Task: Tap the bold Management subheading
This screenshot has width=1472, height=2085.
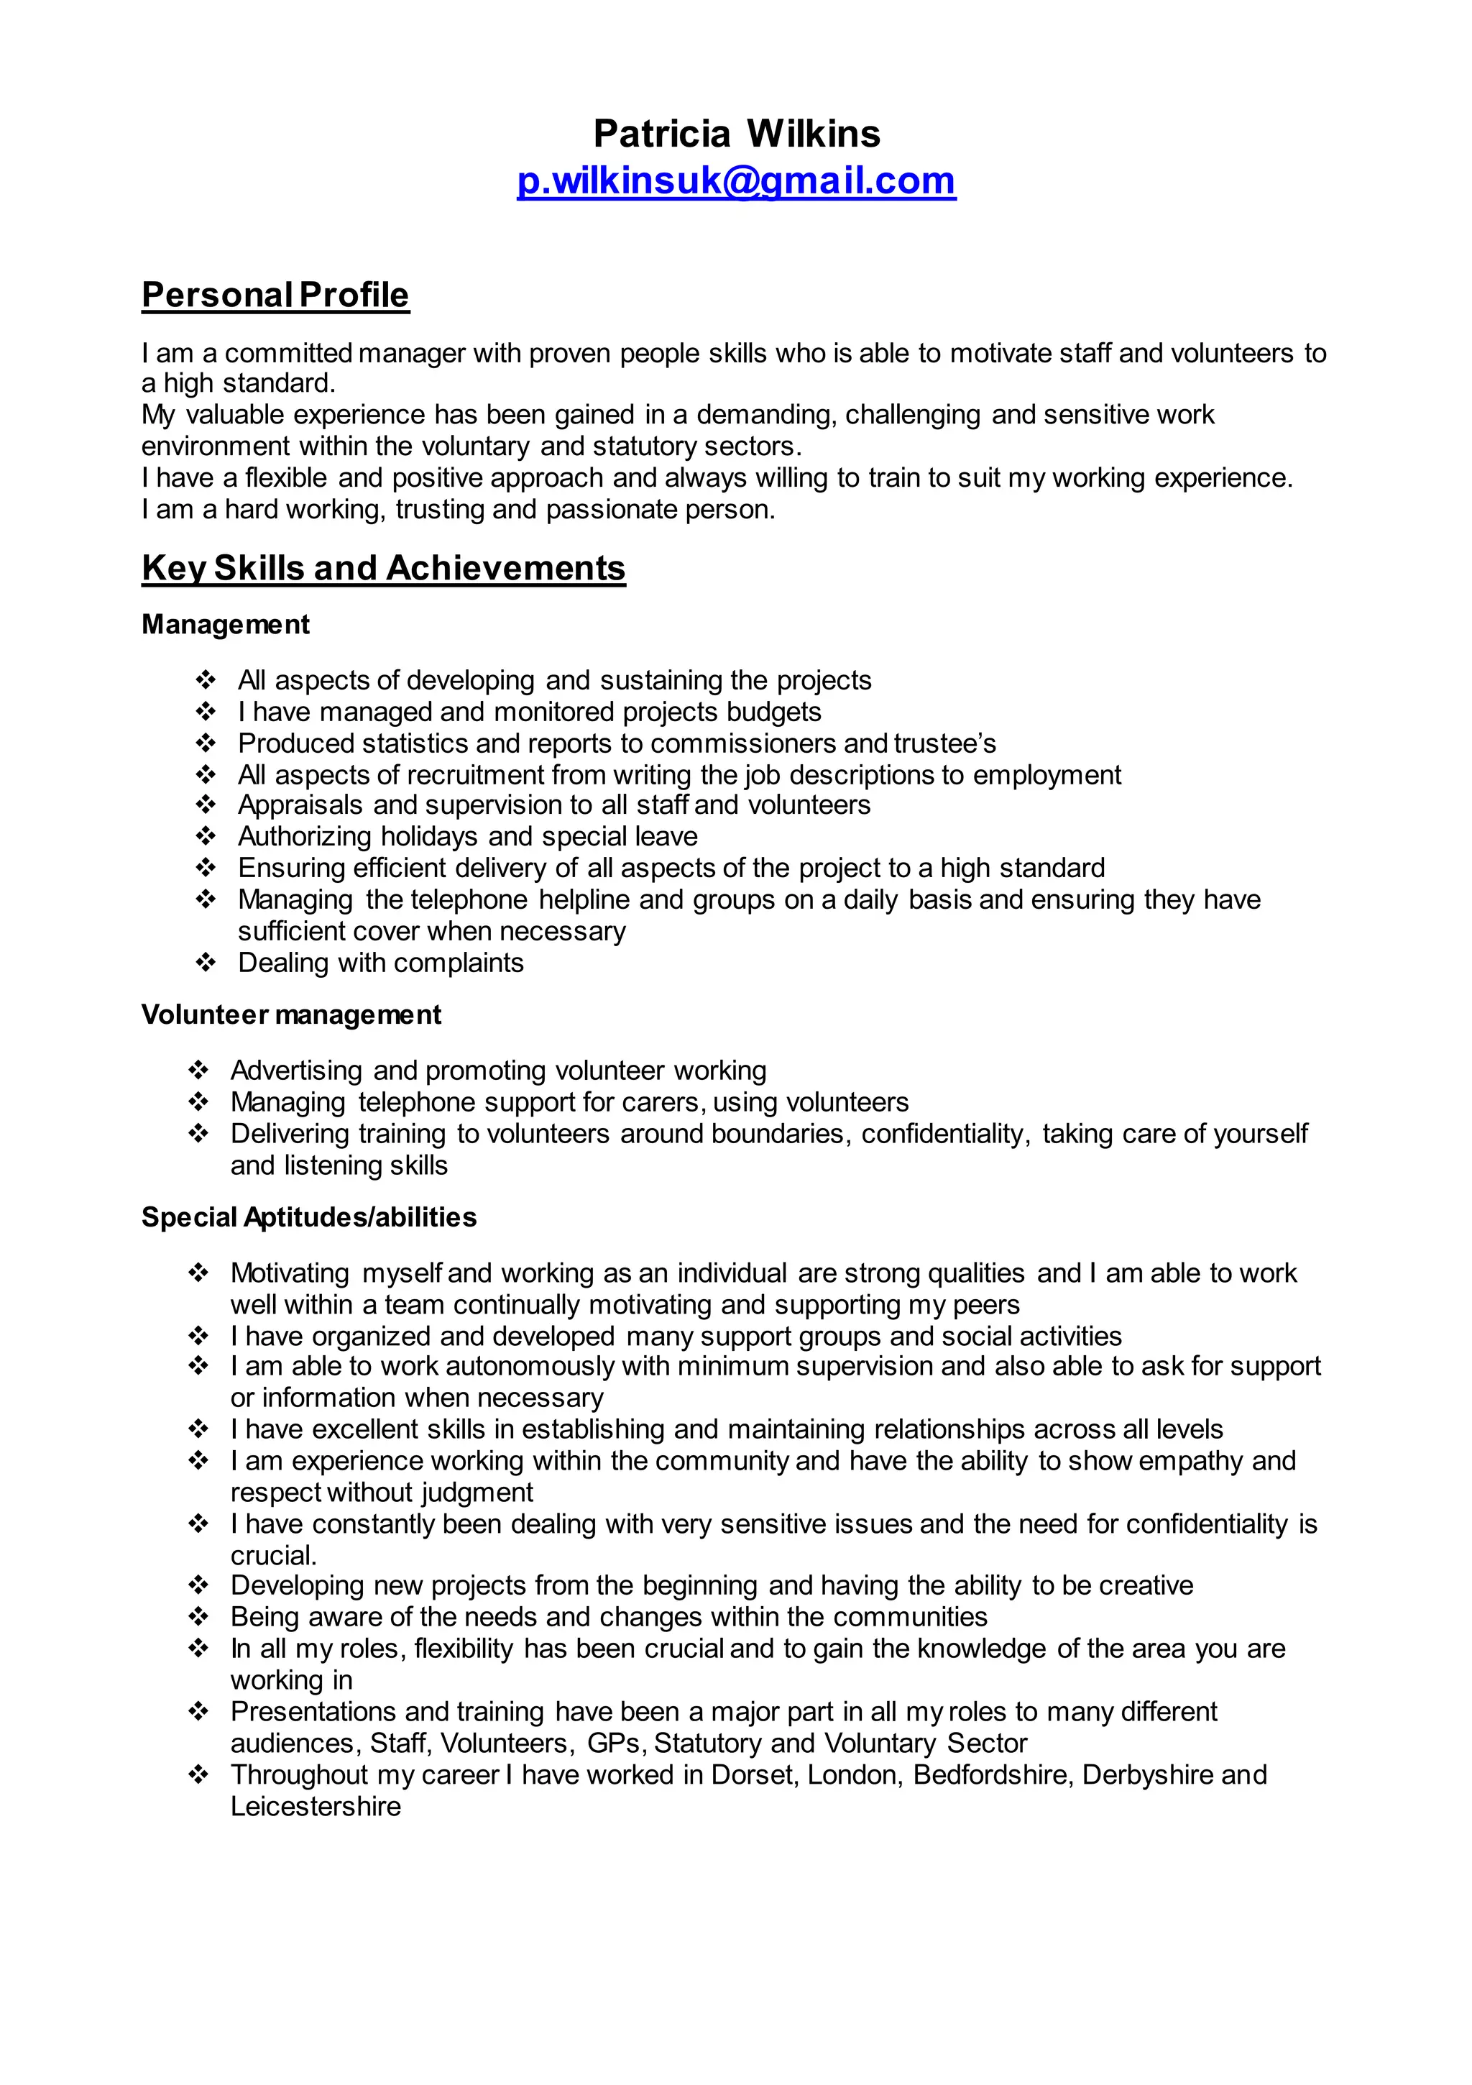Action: coord(225,625)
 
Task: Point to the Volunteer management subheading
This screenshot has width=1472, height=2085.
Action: coord(290,1014)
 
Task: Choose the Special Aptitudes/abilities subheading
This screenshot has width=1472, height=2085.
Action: coord(309,1217)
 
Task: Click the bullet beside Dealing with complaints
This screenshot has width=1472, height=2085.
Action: coord(206,962)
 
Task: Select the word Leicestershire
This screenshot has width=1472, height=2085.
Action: coord(315,1806)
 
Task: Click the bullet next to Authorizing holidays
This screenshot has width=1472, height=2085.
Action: coord(206,835)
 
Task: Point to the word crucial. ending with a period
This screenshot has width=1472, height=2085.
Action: coord(273,1556)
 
